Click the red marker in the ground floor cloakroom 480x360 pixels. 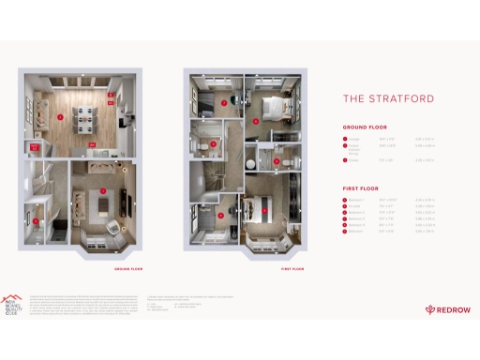37,221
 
